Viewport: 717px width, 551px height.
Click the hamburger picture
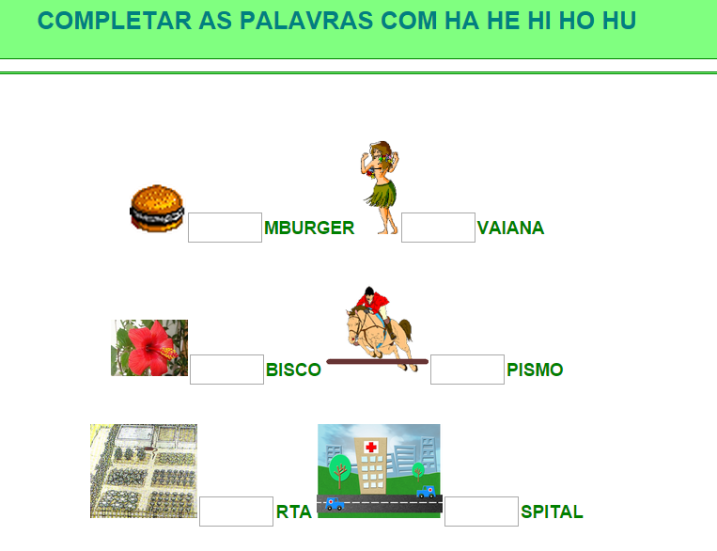157,208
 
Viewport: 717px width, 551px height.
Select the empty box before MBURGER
225,228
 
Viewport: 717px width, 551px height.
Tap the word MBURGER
309,228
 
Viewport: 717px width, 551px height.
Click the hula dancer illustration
381,188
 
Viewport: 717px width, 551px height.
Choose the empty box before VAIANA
438,228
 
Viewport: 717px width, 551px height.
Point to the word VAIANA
510,228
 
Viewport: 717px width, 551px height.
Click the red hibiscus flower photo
149,348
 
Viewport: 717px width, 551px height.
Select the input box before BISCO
226,370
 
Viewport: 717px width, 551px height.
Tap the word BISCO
293,370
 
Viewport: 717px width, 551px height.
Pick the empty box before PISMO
467,370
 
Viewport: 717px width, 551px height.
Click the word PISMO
535,370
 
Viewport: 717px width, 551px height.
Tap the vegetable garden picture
144,471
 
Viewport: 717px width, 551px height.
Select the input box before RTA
237,512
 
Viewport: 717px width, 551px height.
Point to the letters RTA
294,512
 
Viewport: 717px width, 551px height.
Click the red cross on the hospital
371,447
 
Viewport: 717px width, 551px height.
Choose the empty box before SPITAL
481,512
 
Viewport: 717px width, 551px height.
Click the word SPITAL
552,512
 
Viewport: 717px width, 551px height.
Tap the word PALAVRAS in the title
306,21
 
